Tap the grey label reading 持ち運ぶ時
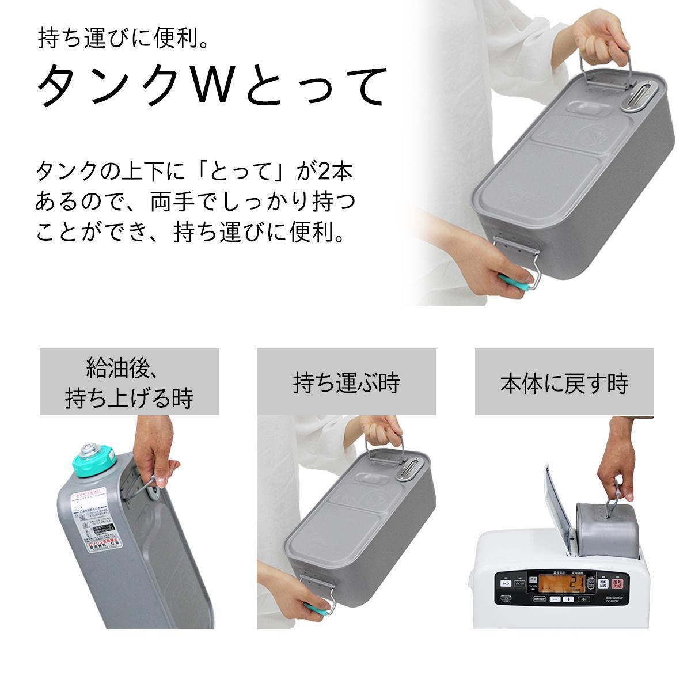click(x=346, y=382)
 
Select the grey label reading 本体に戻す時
click(x=564, y=382)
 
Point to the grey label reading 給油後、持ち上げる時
click(x=129, y=382)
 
